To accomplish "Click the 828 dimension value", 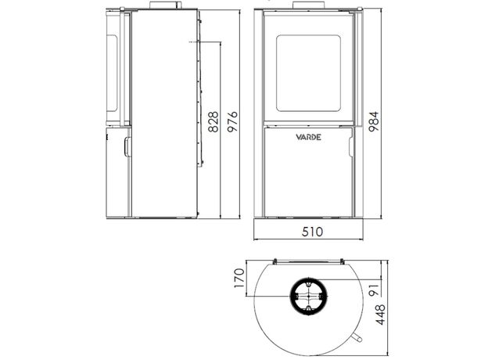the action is click(213, 122).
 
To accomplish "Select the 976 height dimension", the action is click(232, 122).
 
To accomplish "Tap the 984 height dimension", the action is click(374, 121).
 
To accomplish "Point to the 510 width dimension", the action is click(313, 232).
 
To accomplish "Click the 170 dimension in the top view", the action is click(239, 278).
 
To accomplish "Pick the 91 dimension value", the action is click(375, 290).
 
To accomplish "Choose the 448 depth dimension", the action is click(381, 315).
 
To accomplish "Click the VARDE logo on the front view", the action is click(308, 137).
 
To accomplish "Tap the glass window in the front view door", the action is click(308, 74).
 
